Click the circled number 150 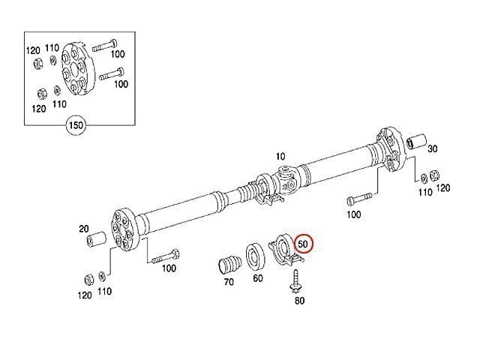coord(76,125)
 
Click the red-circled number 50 coord(303,244)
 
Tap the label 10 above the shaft coord(280,157)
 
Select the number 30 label coord(432,149)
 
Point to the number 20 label coord(84,229)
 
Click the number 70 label coord(229,282)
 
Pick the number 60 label coord(258,278)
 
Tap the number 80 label coord(299,301)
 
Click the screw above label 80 coord(295,281)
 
